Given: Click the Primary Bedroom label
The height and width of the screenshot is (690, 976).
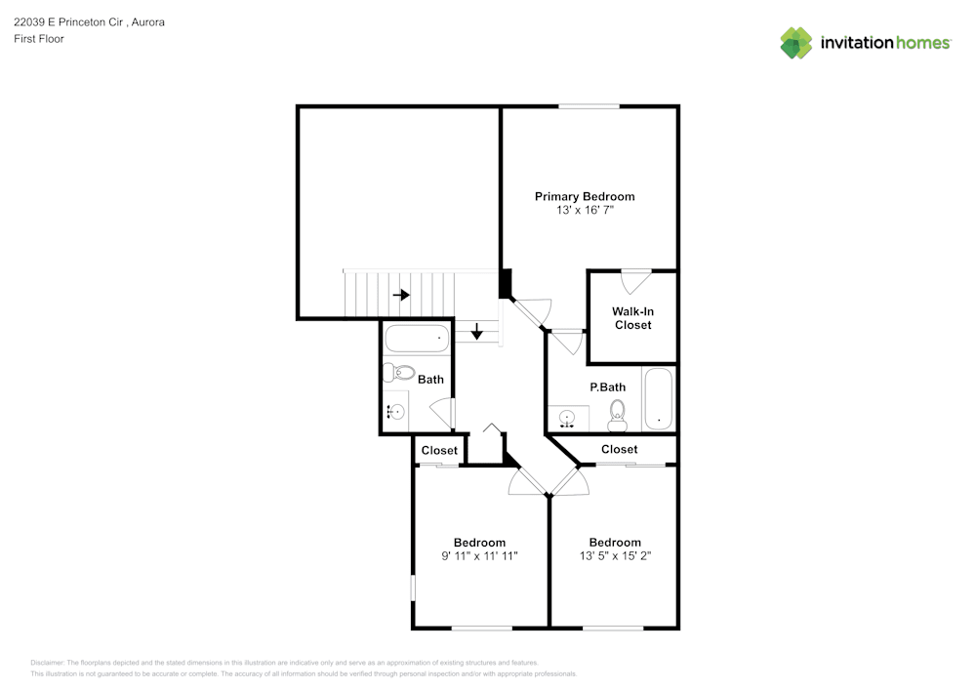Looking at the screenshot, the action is [x=585, y=196].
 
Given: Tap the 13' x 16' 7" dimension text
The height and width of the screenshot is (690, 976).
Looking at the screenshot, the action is [x=585, y=210].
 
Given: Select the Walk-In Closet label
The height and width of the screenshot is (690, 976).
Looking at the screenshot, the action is [x=633, y=318].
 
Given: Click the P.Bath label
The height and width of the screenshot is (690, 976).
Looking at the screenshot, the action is [x=607, y=387].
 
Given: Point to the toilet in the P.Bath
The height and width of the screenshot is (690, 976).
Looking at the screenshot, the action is [x=617, y=416].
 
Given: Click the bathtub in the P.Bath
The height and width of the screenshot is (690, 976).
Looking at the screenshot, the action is [x=658, y=399].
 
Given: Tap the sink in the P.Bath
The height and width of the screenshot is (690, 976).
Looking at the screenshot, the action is [x=566, y=418].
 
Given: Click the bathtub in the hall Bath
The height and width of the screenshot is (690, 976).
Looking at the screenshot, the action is [x=417, y=339].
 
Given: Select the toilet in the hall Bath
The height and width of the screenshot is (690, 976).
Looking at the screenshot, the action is [x=398, y=373].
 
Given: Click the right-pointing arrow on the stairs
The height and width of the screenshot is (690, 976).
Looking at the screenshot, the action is [x=401, y=295].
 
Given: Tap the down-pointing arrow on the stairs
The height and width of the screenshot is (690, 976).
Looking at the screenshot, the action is [x=477, y=332].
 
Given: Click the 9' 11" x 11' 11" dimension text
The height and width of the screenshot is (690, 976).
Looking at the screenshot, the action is [x=479, y=556].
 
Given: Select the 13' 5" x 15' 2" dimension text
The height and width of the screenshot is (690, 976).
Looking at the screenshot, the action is [x=615, y=556].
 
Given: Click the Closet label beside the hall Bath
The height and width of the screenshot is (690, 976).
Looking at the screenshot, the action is [x=439, y=451].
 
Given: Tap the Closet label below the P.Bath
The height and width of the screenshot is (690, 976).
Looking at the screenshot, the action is [x=620, y=449].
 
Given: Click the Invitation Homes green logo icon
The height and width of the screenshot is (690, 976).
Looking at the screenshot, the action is [x=796, y=43].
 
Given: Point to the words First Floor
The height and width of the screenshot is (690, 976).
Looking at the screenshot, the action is [x=39, y=39].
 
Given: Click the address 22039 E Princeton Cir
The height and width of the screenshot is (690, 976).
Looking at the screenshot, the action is [x=68, y=22].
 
